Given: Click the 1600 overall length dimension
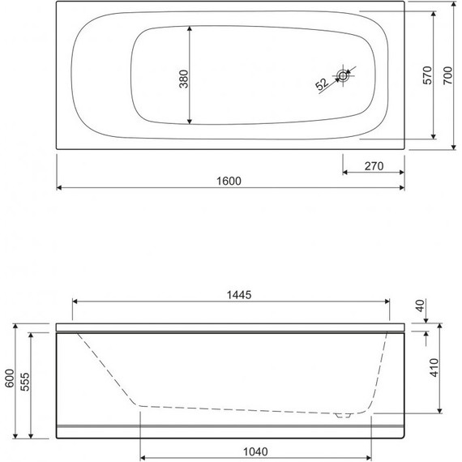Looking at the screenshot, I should (x=230, y=180).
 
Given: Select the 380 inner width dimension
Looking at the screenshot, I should (x=183, y=79).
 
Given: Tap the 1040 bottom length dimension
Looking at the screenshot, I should (x=255, y=451).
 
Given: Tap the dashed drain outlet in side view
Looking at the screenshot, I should (x=344, y=414).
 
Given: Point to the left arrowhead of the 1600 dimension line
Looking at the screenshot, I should (x=60, y=188).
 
